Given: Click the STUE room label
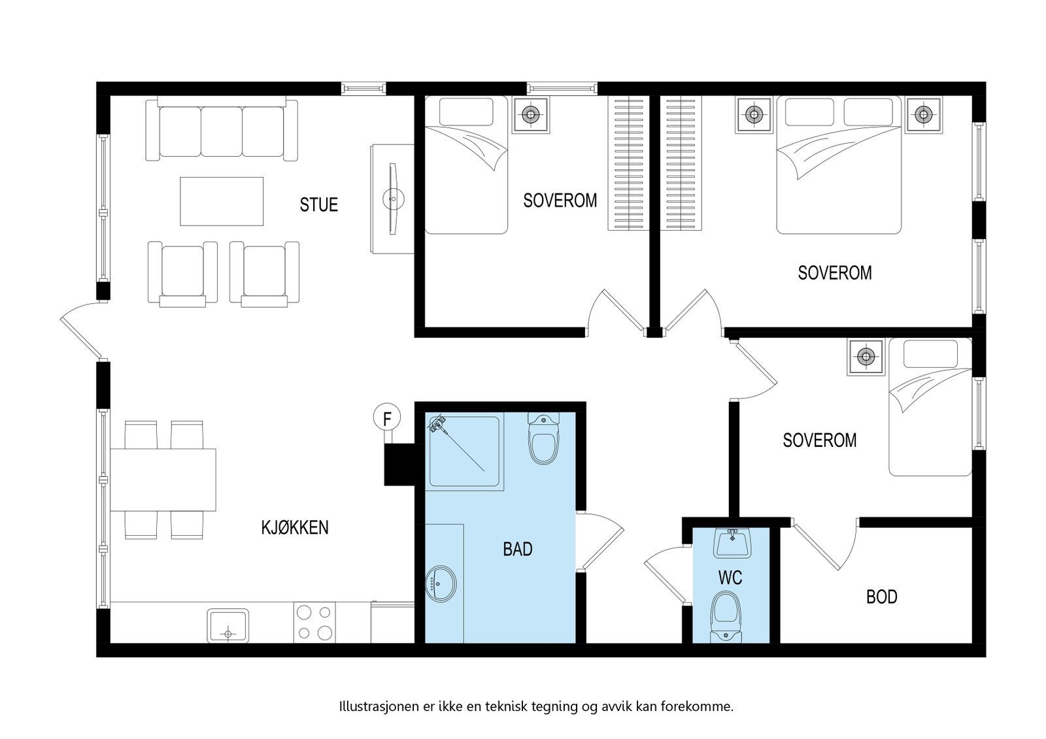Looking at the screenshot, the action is coord(318,205).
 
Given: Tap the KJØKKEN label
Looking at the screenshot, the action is coord(295,527).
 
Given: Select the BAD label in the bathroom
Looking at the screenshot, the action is coord(517,549).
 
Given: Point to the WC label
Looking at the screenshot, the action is coord(730,578).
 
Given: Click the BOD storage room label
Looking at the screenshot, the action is coord(882,597).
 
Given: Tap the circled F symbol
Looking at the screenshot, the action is coord(387,418).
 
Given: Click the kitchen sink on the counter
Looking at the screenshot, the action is coord(228,625).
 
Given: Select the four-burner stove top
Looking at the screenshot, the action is coord(314,622).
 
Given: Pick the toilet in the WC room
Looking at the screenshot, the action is coord(726,617).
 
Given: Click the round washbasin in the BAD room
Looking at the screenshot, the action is coord(441,583).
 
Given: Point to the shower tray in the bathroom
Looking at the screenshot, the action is coord(464,452).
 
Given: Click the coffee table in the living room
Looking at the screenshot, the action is coord(222,201).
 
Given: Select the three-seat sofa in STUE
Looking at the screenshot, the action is coord(222,129).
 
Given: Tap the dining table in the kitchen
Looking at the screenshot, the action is coord(163,480).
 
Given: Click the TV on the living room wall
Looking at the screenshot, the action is coord(393,199).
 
